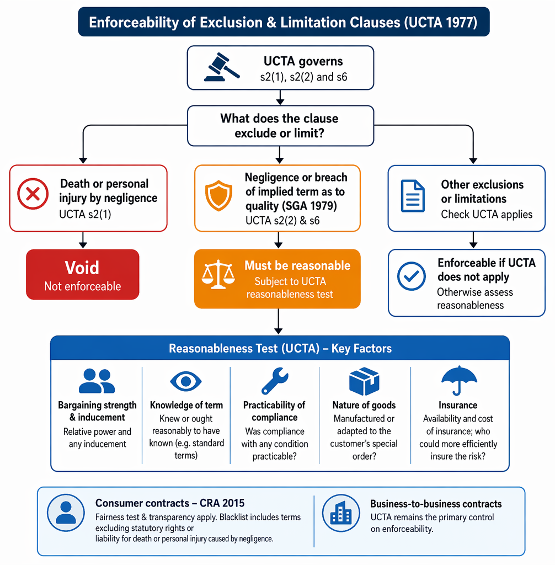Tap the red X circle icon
point(33,194)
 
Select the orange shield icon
point(218,196)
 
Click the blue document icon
point(413,196)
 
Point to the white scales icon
point(218,275)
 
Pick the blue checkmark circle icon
point(411,276)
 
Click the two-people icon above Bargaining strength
point(97,381)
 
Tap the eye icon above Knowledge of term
point(185,381)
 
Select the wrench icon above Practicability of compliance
point(275,381)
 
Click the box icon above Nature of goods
point(364,381)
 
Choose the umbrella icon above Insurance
point(459,381)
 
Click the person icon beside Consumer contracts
point(66,513)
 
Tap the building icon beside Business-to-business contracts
point(341,513)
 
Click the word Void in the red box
point(82,268)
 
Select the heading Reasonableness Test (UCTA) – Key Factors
point(280,349)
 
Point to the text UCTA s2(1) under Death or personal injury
point(85,215)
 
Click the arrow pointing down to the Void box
point(83,240)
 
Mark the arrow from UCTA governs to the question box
point(280,97)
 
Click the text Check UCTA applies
point(487,215)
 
